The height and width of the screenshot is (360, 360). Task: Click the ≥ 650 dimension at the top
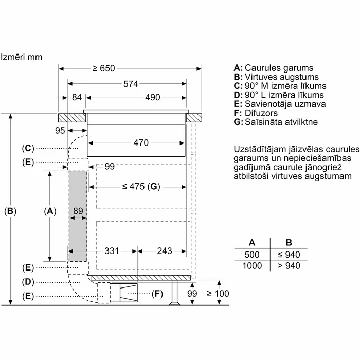pyautogui.click(x=103, y=68)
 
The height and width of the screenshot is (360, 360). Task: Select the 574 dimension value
pyautogui.click(x=131, y=84)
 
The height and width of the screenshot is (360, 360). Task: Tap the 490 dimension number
pyautogui.click(x=152, y=97)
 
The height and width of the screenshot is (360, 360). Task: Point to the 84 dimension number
pyautogui.click(x=77, y=97)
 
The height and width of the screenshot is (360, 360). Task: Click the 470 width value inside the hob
pyautogui.click(x=141, y=143)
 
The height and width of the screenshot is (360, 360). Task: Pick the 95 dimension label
pyautogui.click(x=60, y=131)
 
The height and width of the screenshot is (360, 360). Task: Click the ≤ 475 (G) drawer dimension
pyautogui.click(x=141, y=186)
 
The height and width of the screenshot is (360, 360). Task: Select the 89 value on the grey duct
pyautogui.click(x=78, y=211)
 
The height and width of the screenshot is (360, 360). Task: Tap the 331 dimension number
pyautogui.click(x=112, y=251)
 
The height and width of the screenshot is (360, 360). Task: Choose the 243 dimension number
pyautogui.click(x=165, y=251)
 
